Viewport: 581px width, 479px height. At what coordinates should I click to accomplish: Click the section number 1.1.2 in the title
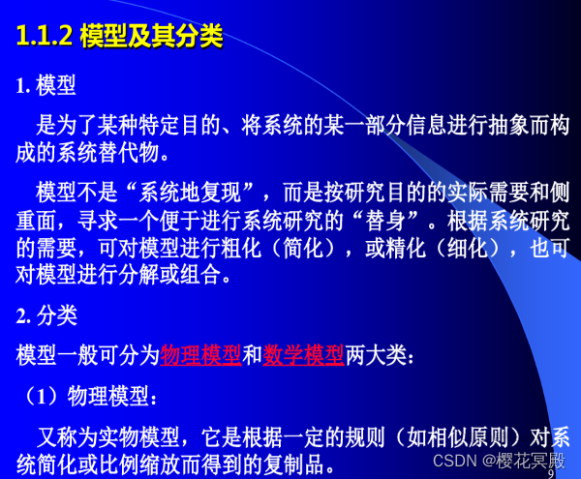(x=46, y=37)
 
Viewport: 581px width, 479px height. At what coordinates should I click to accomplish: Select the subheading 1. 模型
(x=47, y=86)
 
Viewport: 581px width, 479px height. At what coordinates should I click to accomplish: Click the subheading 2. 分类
(x=47, y=315)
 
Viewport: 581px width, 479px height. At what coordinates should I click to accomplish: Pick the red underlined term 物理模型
(x=200, y=354)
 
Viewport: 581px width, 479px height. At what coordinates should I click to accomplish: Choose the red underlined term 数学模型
(x=303, y=354)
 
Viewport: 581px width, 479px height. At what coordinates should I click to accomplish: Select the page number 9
(x=552, y=473)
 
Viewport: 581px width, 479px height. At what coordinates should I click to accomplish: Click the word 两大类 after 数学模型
(x=377, y=354)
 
